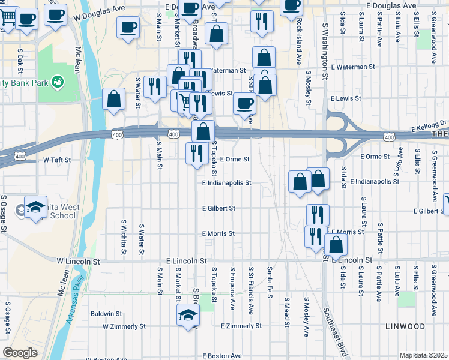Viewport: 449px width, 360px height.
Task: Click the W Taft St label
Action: coord(57,160)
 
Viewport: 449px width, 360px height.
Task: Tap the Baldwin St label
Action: coord(106,313)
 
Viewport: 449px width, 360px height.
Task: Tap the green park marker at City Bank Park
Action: coord(58,80)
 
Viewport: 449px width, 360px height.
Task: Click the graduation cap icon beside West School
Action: coord(35,206)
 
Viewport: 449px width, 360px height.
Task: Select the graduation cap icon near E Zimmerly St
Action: coord(188,314)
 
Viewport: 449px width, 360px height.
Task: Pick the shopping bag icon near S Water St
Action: coord(113,99)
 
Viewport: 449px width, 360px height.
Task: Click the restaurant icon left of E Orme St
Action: coord(196,153)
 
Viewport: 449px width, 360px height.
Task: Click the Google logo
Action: coord(20,353)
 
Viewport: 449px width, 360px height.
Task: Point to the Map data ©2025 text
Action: coord(423,355)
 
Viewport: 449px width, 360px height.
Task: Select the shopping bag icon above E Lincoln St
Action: coord(336,244)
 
